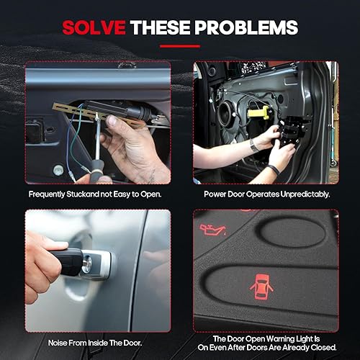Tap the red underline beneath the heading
coord(180,46)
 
